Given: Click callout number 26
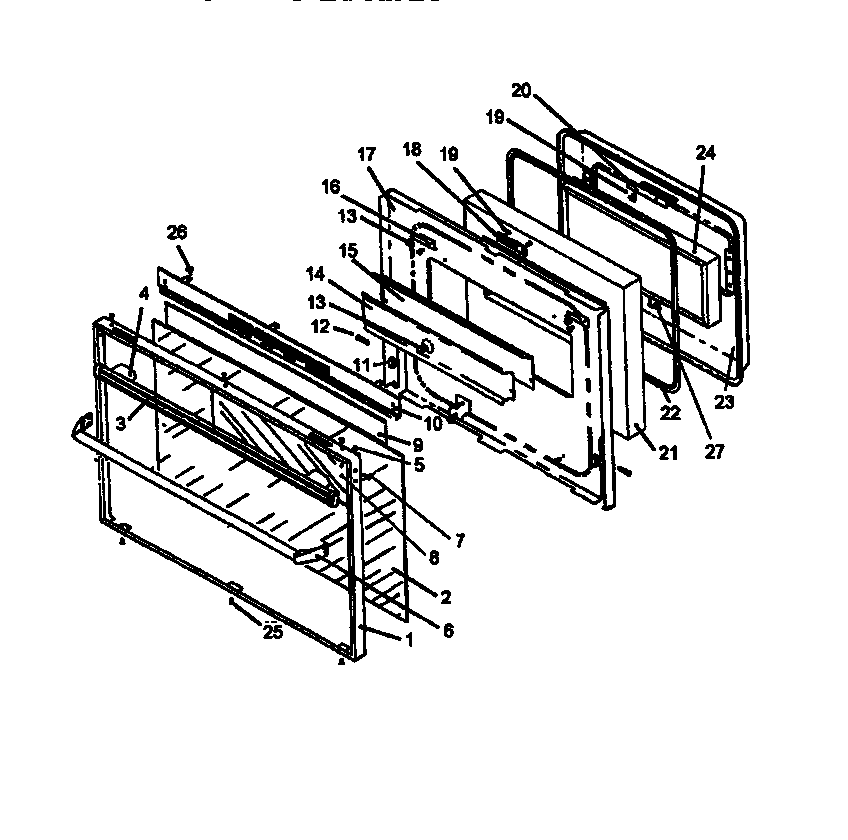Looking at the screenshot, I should (x=177, y=233).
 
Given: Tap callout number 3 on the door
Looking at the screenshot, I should (x=121, y=423).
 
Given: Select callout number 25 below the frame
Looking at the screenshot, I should (x=271, y=631).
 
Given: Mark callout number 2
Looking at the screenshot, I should (x=446, y=598).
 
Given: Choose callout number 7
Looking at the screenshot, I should (x=460, y=541).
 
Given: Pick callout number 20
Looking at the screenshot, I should (x=521, y=89).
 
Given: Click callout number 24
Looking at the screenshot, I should (x=706, y=153).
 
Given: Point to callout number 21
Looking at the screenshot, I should (x=668, y=453).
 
